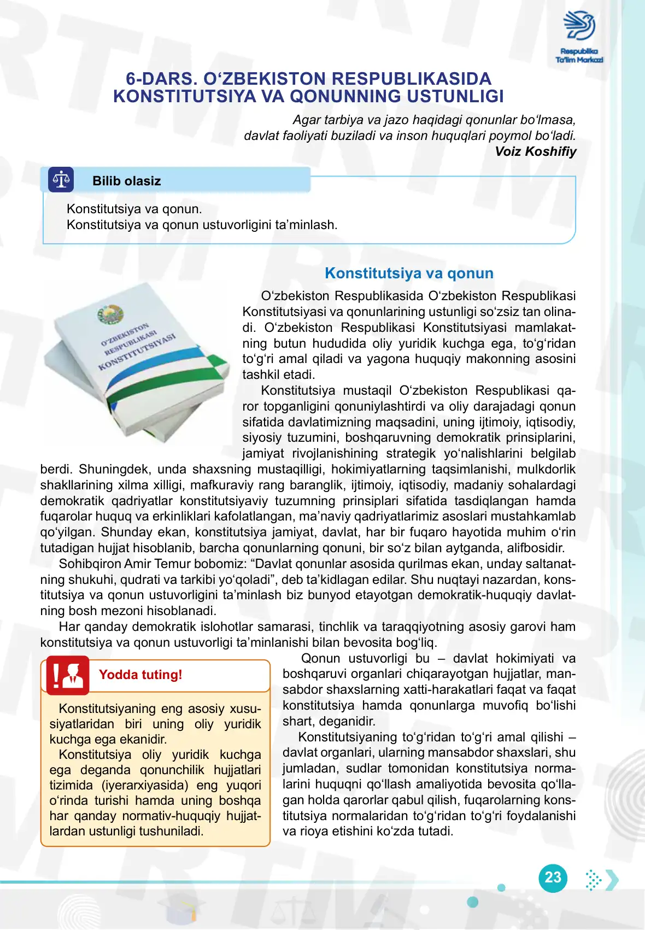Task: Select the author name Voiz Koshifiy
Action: (x=535, y=151)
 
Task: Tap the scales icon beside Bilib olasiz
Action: (x=61, y=180)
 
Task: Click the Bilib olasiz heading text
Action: (x=126, y=181)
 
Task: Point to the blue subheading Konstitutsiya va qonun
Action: (x=409, y=273)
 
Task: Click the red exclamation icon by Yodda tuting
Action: (x=68, y=675)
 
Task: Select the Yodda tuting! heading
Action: (x=140, y=675)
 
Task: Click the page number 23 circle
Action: (x=553, y=878)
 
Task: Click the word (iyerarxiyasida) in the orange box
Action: (x=146, y=785)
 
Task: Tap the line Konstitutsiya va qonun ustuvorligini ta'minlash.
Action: (x=202, y=225)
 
